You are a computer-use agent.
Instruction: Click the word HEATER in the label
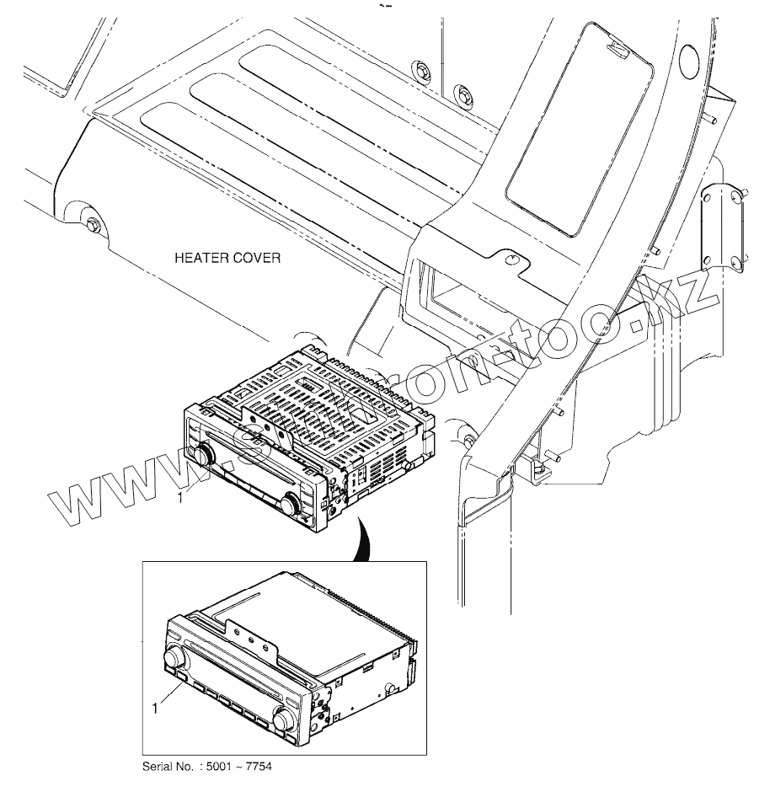pyautogui.click(x=199, y=257)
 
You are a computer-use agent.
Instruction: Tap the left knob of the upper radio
pyautogui.click(x=203, y=455)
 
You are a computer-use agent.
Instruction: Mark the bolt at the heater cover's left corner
pyautogui.click(x=93, y=226)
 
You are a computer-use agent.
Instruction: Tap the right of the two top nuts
pyautogui.click(x=461, y=93)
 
